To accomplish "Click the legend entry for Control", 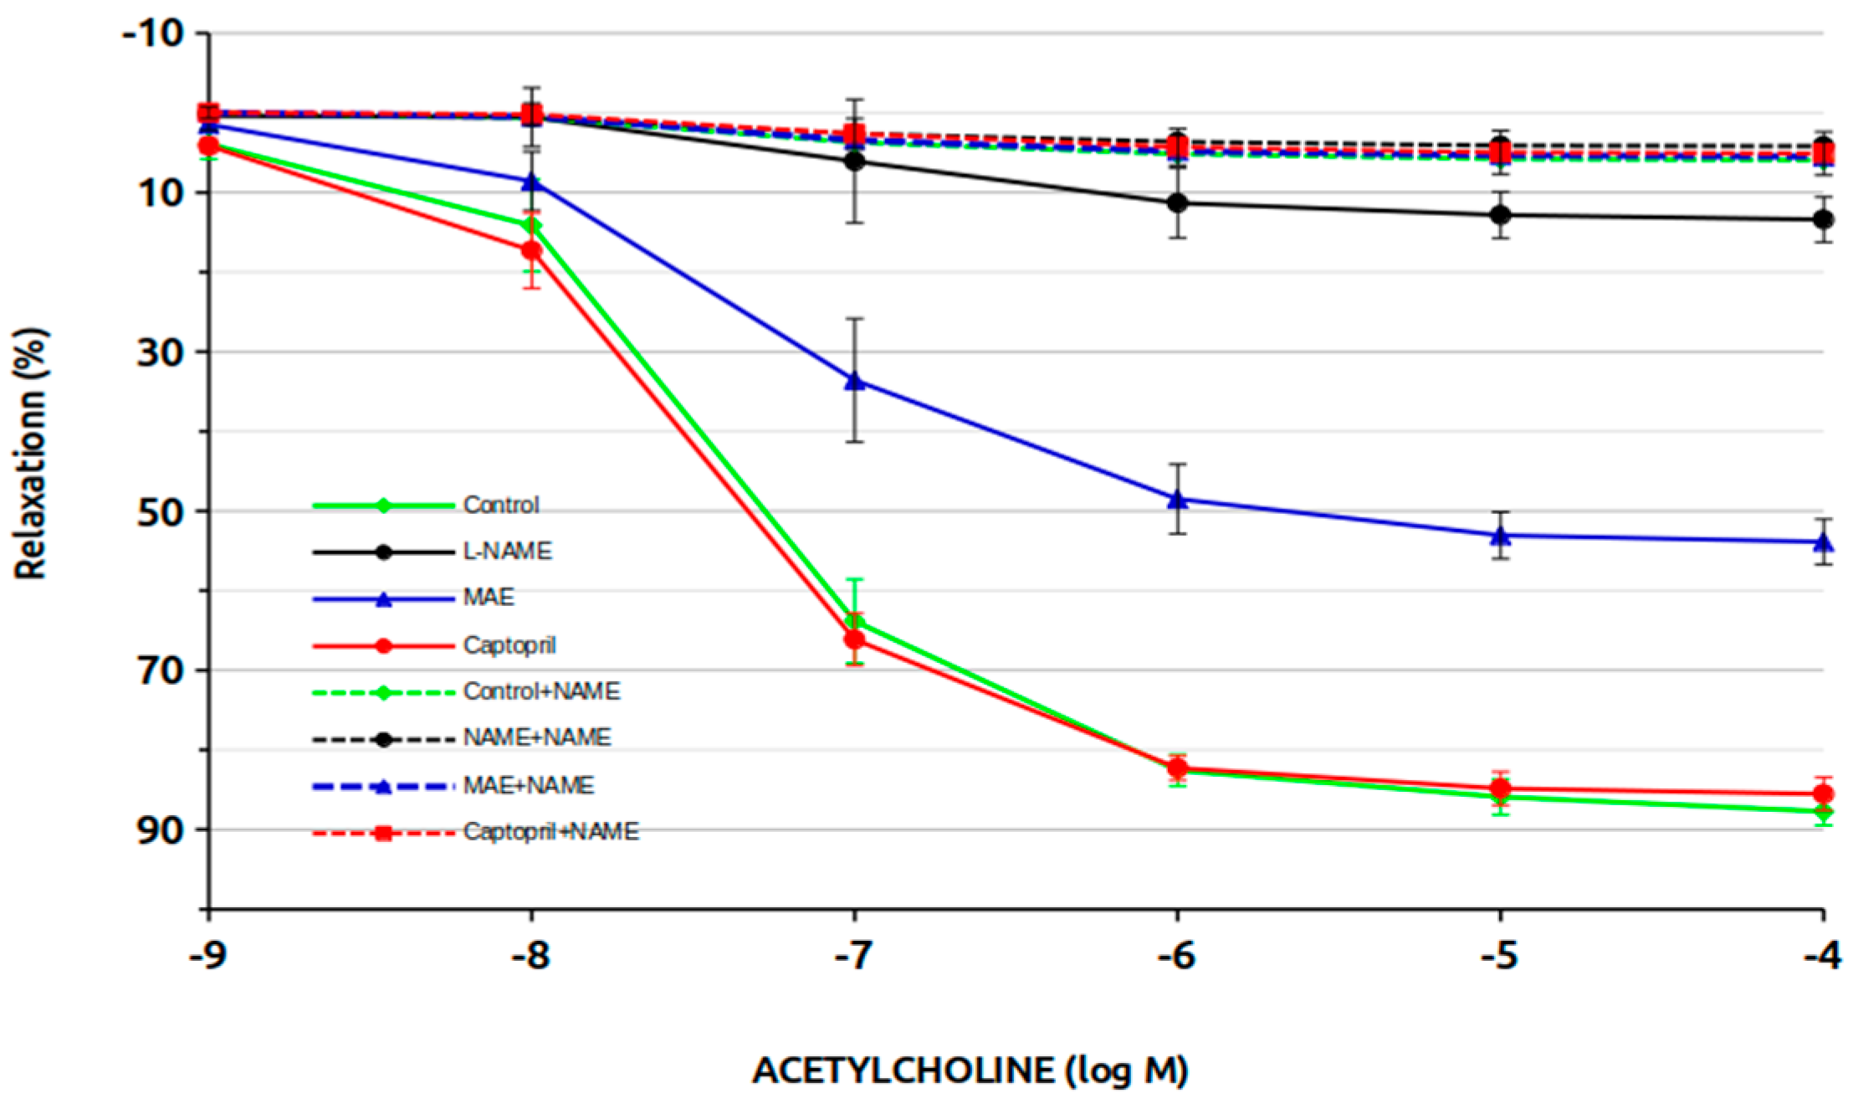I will pos(500,506).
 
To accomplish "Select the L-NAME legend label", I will pos(507,552).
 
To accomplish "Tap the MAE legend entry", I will pos(489,598).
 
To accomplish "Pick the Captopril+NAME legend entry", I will pos(550,832).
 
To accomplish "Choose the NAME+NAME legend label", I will pos(537,737).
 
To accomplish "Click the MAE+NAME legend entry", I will pos(528,786).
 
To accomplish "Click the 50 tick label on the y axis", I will pos(161,511).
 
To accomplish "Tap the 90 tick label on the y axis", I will pos(161,830).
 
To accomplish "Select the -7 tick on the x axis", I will pos(854,955).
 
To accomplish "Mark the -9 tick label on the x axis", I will pos(208,955).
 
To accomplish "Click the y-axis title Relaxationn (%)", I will pos(32,453).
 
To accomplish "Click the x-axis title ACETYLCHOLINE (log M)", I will pos(970,1071).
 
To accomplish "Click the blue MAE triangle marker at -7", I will pos(854,381).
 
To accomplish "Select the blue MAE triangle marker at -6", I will pos(1177,499).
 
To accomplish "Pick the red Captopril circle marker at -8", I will pos(531,250).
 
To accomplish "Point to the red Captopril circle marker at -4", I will pos(1824,793).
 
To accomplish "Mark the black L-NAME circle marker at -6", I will pos(1177,203).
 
